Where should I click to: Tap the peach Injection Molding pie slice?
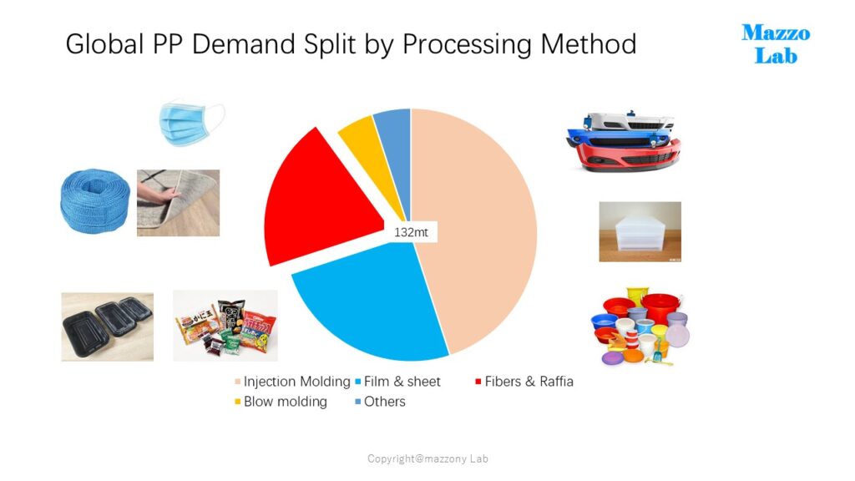[x=474, y=229]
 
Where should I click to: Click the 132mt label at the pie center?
[x=411, y=232]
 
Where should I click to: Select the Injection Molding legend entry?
[x=292, y=382]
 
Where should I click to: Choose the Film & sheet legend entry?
[x=397, y=382]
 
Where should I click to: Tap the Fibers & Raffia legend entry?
[x=524, y=382]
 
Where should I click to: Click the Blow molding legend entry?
[x=281, y=402]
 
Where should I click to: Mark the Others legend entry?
[x=380, y=402]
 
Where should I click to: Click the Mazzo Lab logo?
[x=776, y=44]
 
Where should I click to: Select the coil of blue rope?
[x=95, y=200]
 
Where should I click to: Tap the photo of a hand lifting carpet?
[x=179, y=203]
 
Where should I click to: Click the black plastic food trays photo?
[x=108, y=327]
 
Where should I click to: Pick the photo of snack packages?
[x=225, y=326]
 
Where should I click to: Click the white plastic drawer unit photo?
[x=640, y=232]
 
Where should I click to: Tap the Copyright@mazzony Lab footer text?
[x=427, y=458]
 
